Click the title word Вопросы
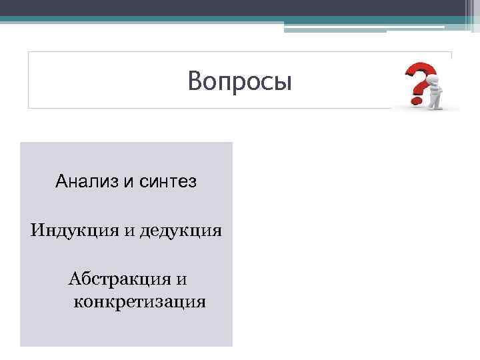[239, 81]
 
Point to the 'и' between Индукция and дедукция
[128, 232]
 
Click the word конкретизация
[139, 302]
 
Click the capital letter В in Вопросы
[195, 81]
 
